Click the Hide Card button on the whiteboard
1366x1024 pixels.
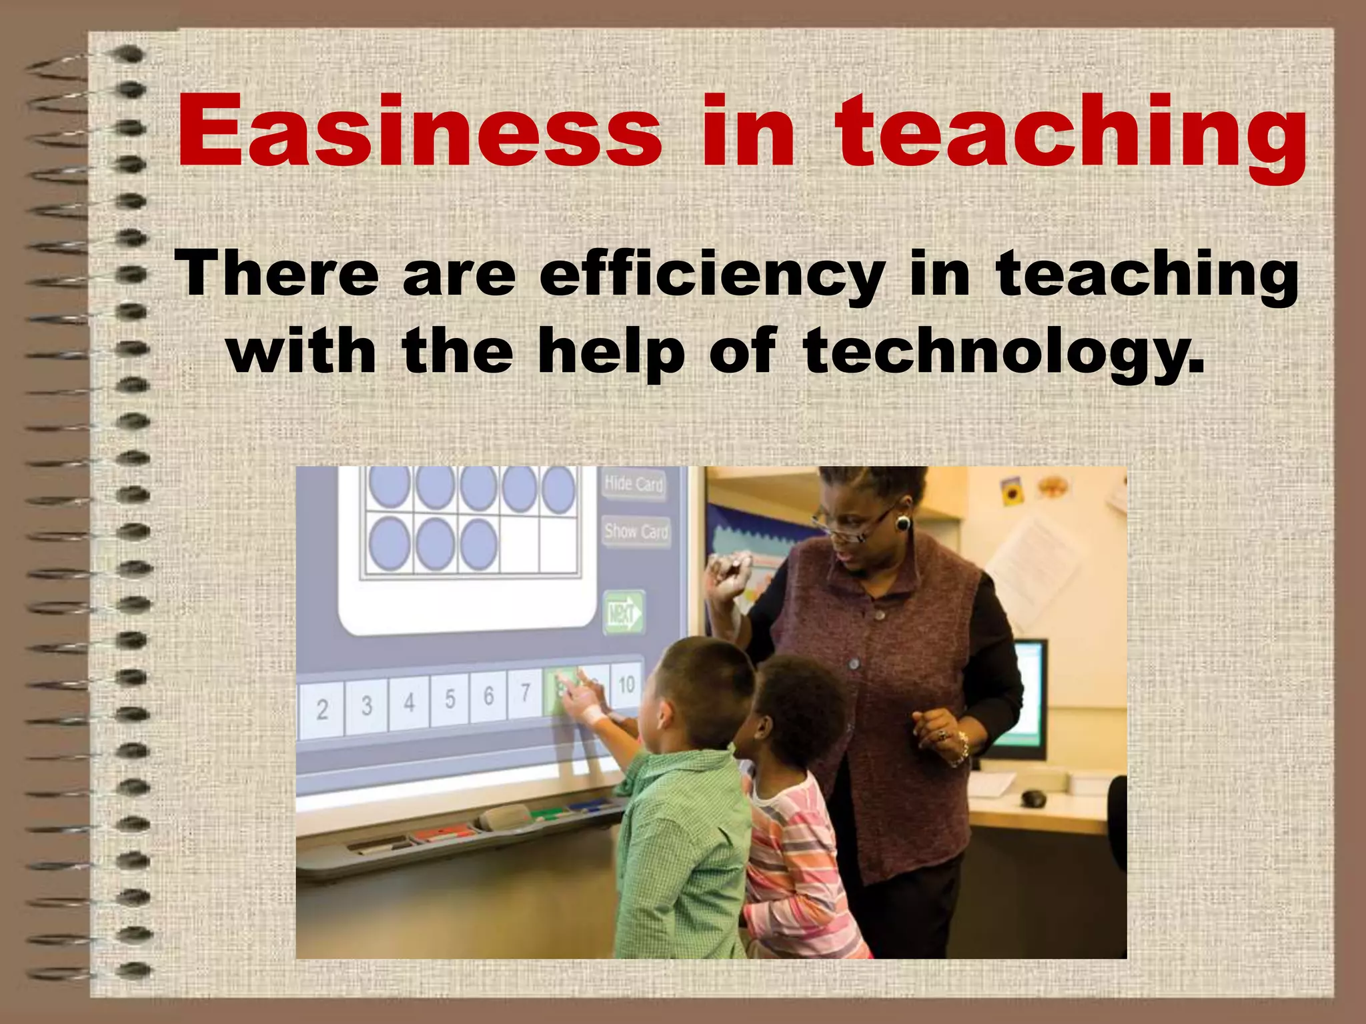pyautogui.click(x=634, y=483)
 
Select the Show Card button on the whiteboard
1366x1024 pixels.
pyautogui.click(x=636, y=531)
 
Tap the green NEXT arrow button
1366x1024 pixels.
pyautogui.click(x=623, y=612)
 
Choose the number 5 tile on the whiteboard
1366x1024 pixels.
pyautogui.click(x=450, y=699)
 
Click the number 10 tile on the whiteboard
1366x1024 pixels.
pyautogui.click(x=626, y=684)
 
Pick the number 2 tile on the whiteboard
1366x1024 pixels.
pyautogui.click(x=321, y=709)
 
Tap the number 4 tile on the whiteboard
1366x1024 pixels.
pyautogui.click(x=410, y=701)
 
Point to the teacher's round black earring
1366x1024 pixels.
pyautogui.click(x=903, y=523)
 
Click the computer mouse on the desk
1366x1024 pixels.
pyautogui.click(x=1033, y=797)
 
